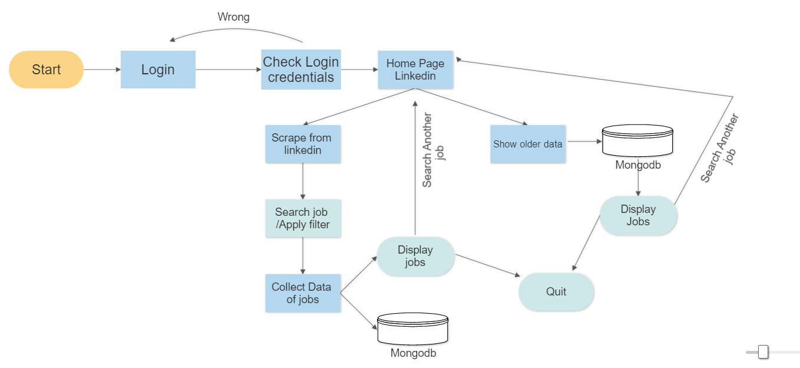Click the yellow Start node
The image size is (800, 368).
pos(46,70)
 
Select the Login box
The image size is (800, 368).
pos(158,70)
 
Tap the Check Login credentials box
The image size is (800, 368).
pos(300,70)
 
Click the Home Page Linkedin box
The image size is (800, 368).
pos(415,70)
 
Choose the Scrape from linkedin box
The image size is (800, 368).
pos(302,144)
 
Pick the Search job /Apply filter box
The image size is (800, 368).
pos(303,218)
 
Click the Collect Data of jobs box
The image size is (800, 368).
pos(303,293)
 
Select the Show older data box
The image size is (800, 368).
pos(528,144)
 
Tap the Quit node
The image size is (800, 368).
pos(556,292)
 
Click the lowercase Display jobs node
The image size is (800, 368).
pos(415,257)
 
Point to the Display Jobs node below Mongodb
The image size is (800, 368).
pos(638,216)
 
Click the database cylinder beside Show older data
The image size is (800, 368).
pos(637,140)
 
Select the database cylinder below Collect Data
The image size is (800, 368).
pos(412,329)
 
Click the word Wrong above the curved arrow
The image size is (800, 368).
pos(233,17)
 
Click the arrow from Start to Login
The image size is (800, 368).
pos(102,70)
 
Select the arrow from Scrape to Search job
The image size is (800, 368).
pos(303,181)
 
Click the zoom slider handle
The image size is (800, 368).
pos(763,352)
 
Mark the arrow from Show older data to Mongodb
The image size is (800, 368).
pos(583,142)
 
